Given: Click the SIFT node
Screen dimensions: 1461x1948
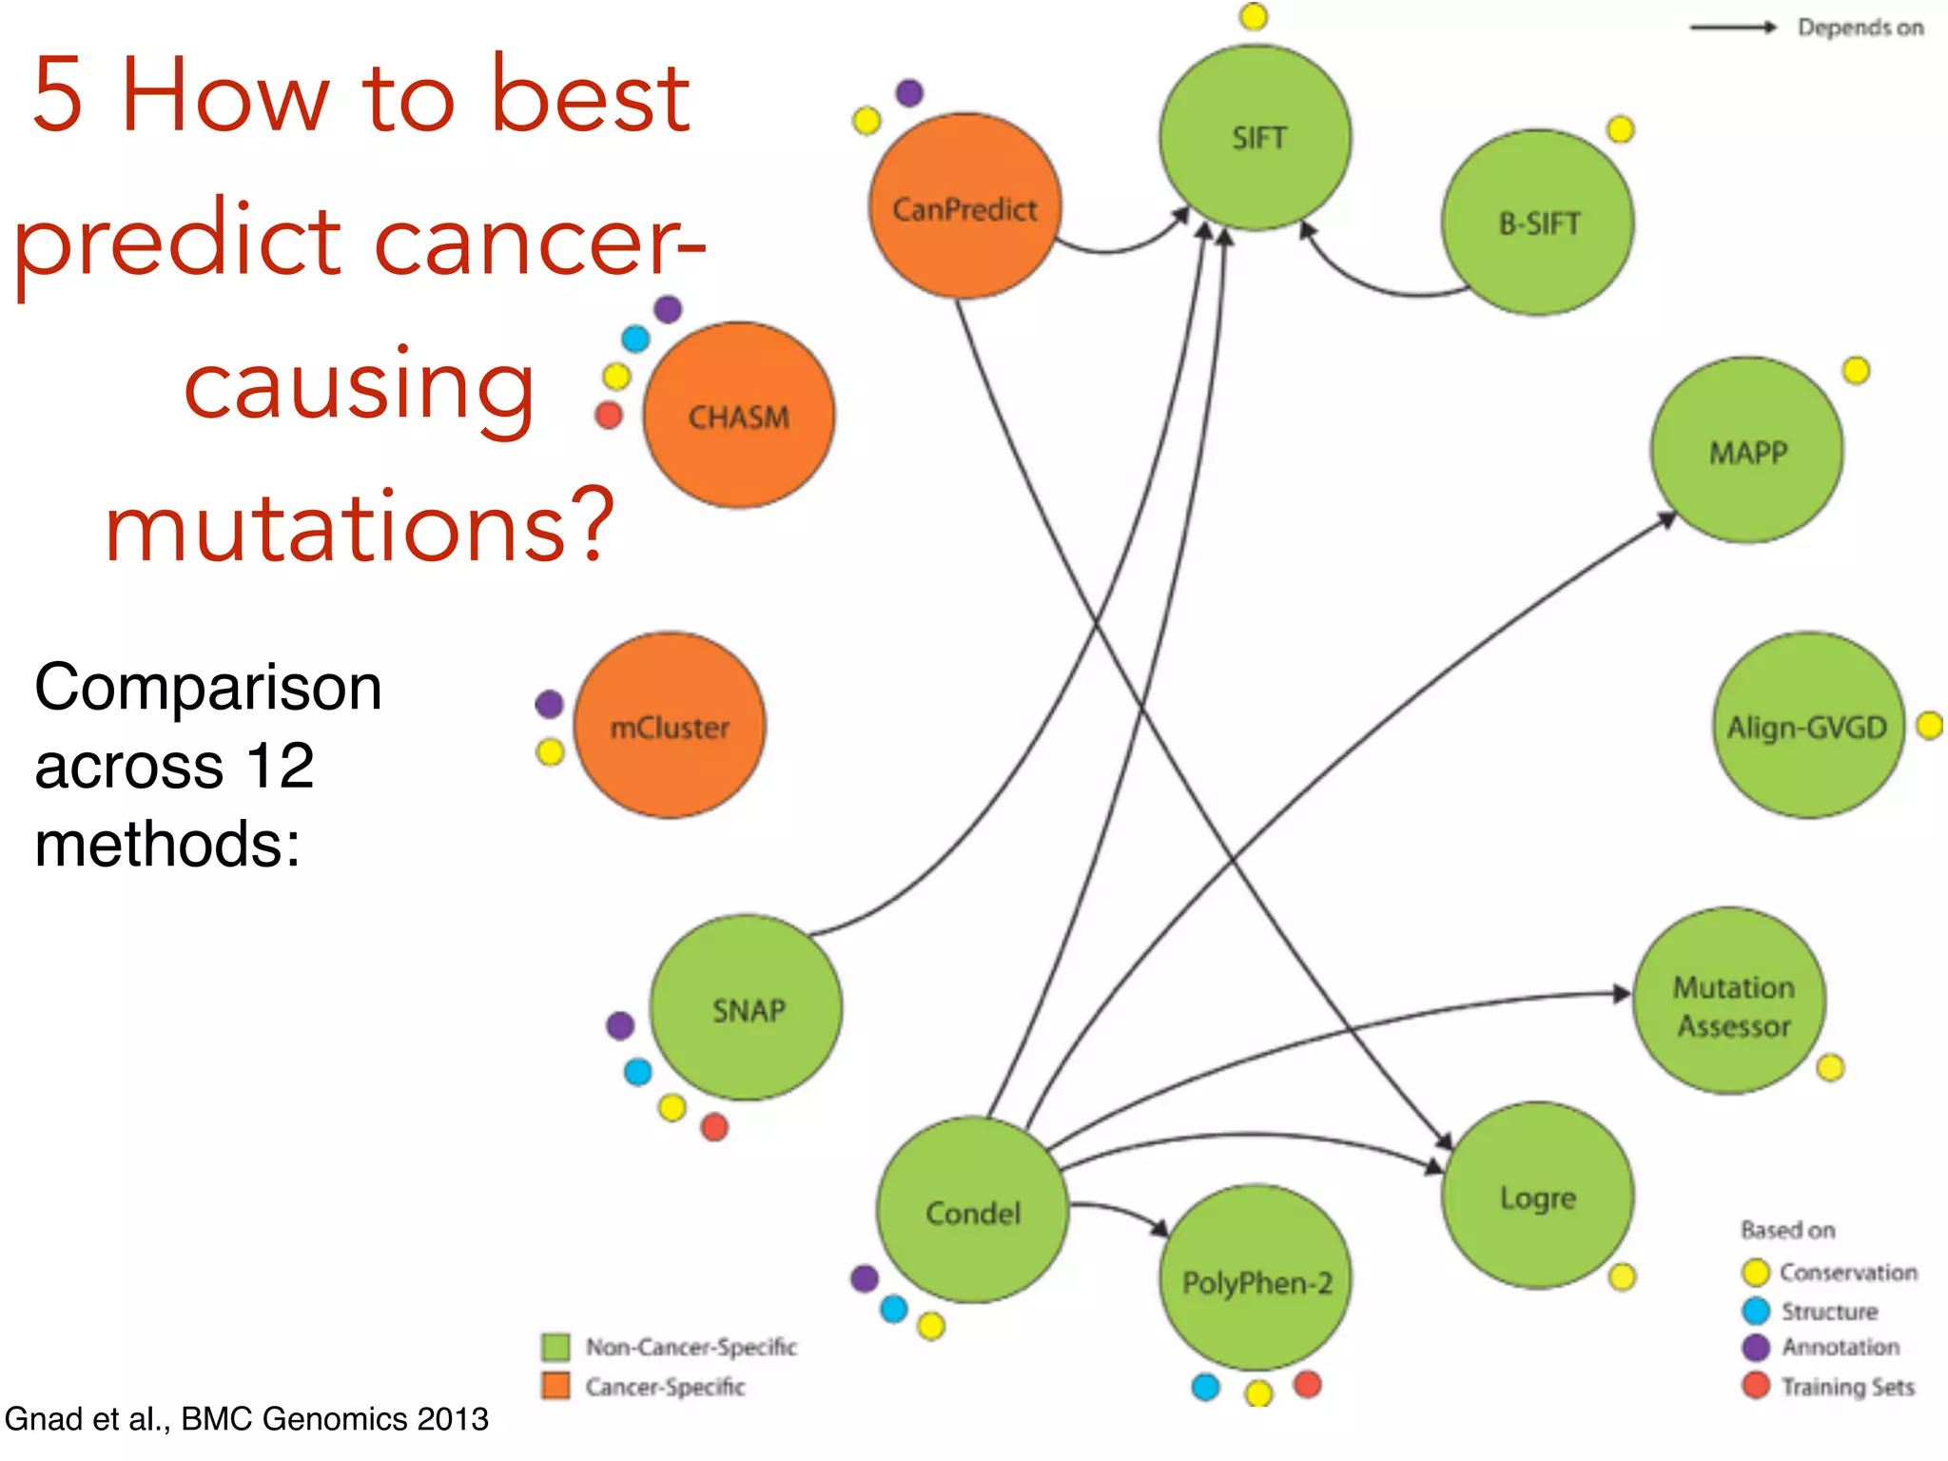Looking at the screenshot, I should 1256,138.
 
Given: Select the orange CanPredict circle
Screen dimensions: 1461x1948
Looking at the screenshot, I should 964,207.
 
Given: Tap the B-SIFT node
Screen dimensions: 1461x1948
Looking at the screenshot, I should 1538,224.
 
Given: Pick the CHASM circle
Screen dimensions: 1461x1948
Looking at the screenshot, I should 738,416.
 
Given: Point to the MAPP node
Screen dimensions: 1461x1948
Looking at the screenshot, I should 1747,451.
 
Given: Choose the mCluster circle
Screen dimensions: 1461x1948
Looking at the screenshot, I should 670,727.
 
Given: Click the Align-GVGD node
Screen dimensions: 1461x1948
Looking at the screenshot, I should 1807,727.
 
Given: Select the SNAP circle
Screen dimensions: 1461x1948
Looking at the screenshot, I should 748,1009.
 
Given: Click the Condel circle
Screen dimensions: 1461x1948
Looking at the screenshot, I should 972,1212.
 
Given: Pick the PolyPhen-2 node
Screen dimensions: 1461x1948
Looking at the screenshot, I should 1256,1280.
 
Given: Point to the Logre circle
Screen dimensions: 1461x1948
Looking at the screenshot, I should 1538,1197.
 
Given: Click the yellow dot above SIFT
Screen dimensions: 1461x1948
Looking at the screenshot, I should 1254,16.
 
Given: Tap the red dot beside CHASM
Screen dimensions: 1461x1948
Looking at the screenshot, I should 609,415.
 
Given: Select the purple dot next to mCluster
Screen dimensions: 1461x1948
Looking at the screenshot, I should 549,704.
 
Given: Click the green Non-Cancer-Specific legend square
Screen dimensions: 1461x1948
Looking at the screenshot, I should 555,1347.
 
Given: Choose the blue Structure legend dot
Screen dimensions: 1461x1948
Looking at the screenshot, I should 1756,1311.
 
